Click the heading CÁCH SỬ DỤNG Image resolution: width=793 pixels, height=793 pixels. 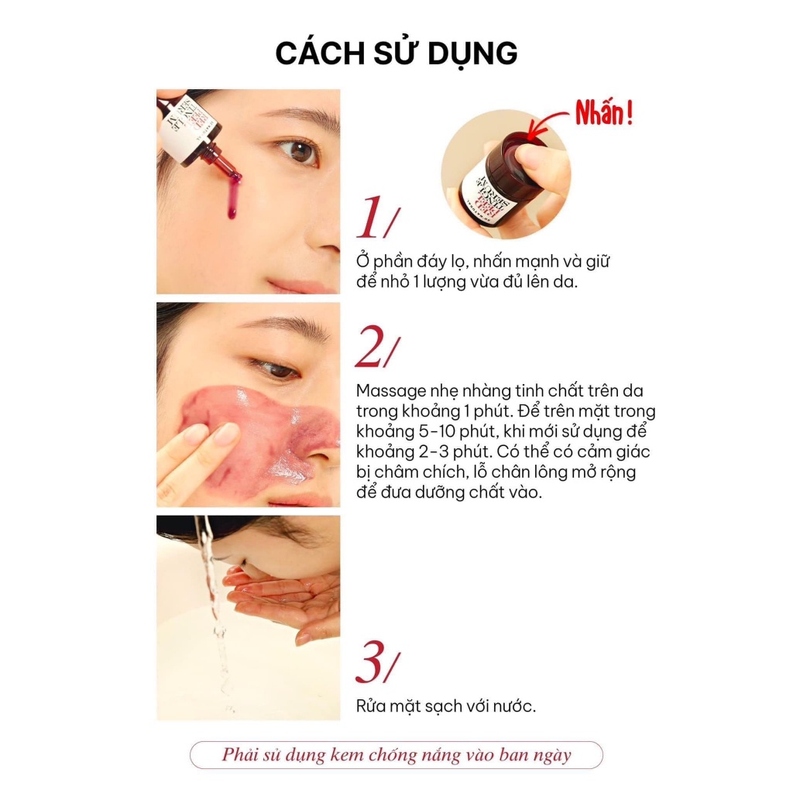pyautogui.click(x=396, y=53)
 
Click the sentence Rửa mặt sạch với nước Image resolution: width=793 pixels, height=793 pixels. pyautogui.click(x=446, y=706)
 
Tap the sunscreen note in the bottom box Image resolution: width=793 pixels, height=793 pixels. pyautogui.click(x=396, y=755)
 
